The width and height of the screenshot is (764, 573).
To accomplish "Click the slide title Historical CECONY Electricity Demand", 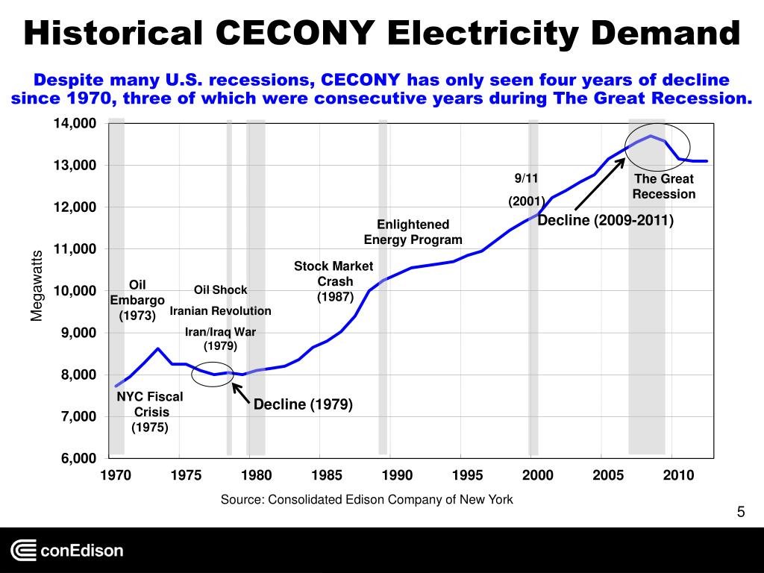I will point(381,34).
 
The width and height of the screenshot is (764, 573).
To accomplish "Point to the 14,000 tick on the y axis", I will point(75,123).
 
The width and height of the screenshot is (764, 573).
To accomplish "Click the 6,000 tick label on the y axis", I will point(75,458).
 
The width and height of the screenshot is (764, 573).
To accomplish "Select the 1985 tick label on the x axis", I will point(326,475).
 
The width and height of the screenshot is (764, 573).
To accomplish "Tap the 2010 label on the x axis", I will point(677,475).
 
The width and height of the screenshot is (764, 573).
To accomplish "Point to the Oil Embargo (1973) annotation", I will point(137,300).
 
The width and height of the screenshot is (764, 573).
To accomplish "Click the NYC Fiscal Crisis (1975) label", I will point(149,412).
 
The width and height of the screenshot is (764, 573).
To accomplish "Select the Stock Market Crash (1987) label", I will point(334,281).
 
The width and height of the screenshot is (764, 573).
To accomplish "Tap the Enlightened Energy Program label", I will point(413,232).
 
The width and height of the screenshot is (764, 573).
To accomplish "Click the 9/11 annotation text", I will point(526,178).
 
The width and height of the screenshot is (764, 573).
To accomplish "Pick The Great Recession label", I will point(664,187).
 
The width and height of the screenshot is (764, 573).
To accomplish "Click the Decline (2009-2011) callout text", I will point(605,221).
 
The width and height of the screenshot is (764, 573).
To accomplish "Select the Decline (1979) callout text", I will point(302,404).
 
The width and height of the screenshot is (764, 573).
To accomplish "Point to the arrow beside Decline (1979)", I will point(240,393).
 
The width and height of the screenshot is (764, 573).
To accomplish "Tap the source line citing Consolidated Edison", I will point(366,499).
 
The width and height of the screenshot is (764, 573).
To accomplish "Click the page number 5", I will point(740,512).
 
